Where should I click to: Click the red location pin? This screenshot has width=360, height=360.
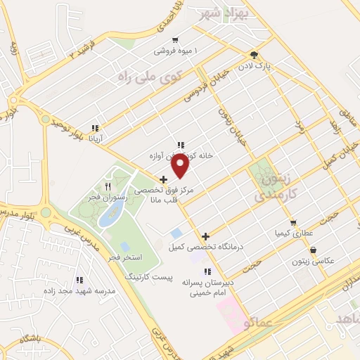point(181,166)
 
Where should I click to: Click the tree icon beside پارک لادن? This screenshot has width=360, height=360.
point(254,55)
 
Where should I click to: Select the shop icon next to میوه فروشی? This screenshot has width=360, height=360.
point(175,40)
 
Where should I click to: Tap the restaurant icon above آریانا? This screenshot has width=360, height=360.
point(94,128)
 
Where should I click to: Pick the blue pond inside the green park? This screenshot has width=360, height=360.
point(109,216)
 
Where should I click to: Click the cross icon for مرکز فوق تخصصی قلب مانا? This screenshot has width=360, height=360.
point(163,180)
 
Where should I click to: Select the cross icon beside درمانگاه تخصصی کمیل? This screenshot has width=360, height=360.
point(205,236)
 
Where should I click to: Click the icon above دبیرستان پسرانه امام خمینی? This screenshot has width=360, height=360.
point(207,271)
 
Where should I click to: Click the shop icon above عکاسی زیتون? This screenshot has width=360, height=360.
point(312,250)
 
